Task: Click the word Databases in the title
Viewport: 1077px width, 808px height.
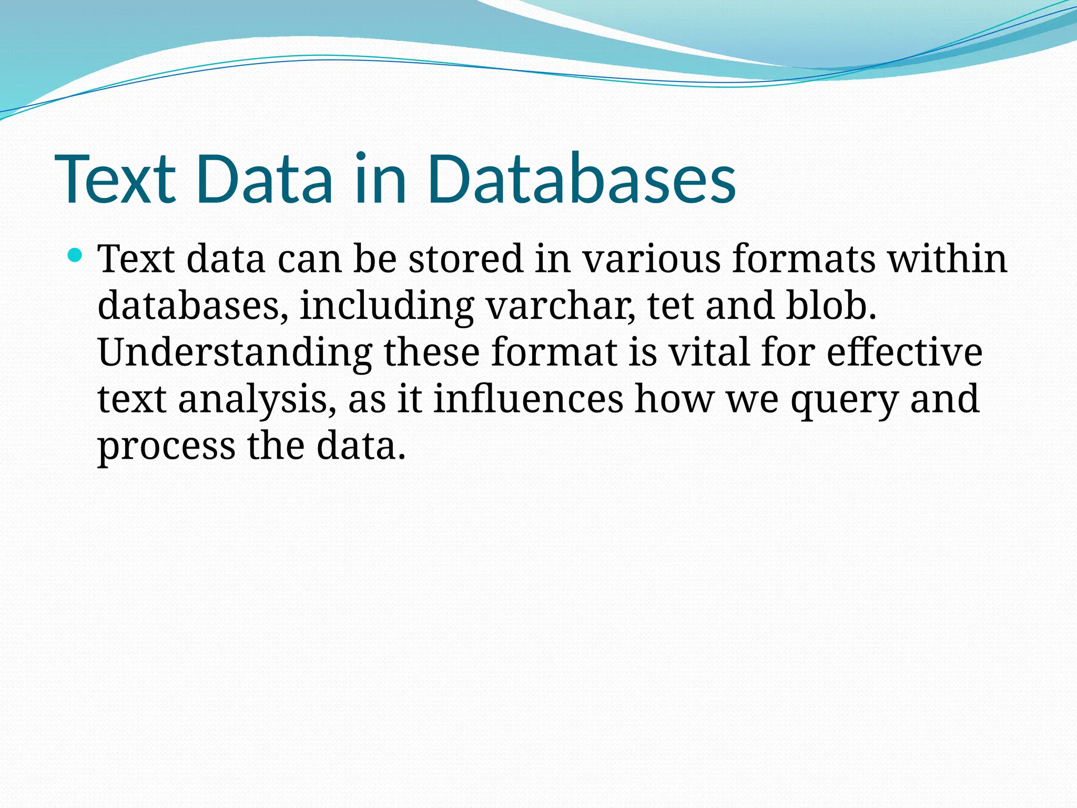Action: (581, 179)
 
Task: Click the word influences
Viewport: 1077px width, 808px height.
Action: (528, 399)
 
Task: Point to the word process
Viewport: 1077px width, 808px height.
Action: (166, 446)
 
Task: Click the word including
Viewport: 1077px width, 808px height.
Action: (387, 307)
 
